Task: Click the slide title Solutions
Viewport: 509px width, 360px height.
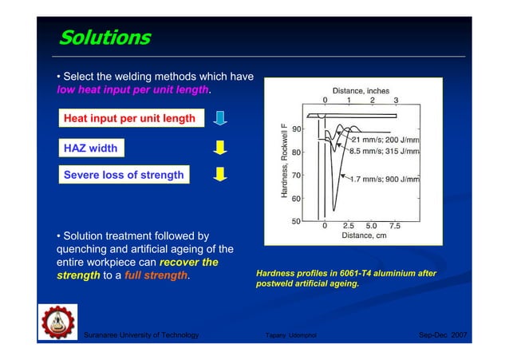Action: point(105,38)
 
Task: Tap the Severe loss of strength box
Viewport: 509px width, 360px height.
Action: point(124,175)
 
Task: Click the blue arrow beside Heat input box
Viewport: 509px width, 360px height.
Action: point(223,119)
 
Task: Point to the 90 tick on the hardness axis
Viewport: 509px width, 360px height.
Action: point(296,129)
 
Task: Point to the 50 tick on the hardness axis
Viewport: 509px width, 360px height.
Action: point(296,221)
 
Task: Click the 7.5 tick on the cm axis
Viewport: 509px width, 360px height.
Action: point(395,226)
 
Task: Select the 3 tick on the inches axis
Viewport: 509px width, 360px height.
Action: point(397,101)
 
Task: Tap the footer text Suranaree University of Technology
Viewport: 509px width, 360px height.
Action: point(141,335)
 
